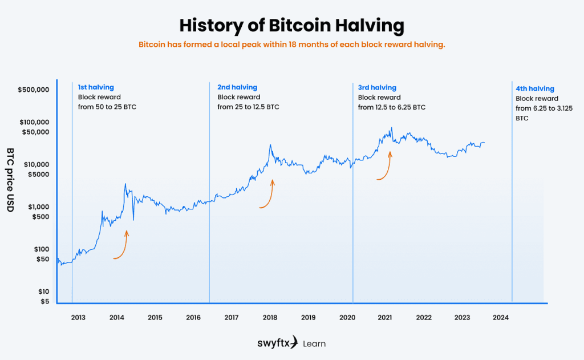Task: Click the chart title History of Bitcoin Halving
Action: pos(291,26)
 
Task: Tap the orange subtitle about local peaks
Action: pos(291,45)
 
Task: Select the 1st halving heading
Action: pos(96,87)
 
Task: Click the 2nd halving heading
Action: pos(237,87)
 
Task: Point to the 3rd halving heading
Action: pos(377,87)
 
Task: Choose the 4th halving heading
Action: pos(534,89)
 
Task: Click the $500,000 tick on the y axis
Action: pos(34,90)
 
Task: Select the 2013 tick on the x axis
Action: pos(78,317)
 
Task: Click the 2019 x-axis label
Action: pos(308,317)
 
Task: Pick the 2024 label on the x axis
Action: pos(500,317)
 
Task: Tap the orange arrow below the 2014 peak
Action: pos(121,246)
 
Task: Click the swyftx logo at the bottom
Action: pos(277,343)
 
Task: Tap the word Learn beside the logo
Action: pos(314,343)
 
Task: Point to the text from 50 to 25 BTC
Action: pos(107,107)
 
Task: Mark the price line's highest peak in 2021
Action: pos(392,128)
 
